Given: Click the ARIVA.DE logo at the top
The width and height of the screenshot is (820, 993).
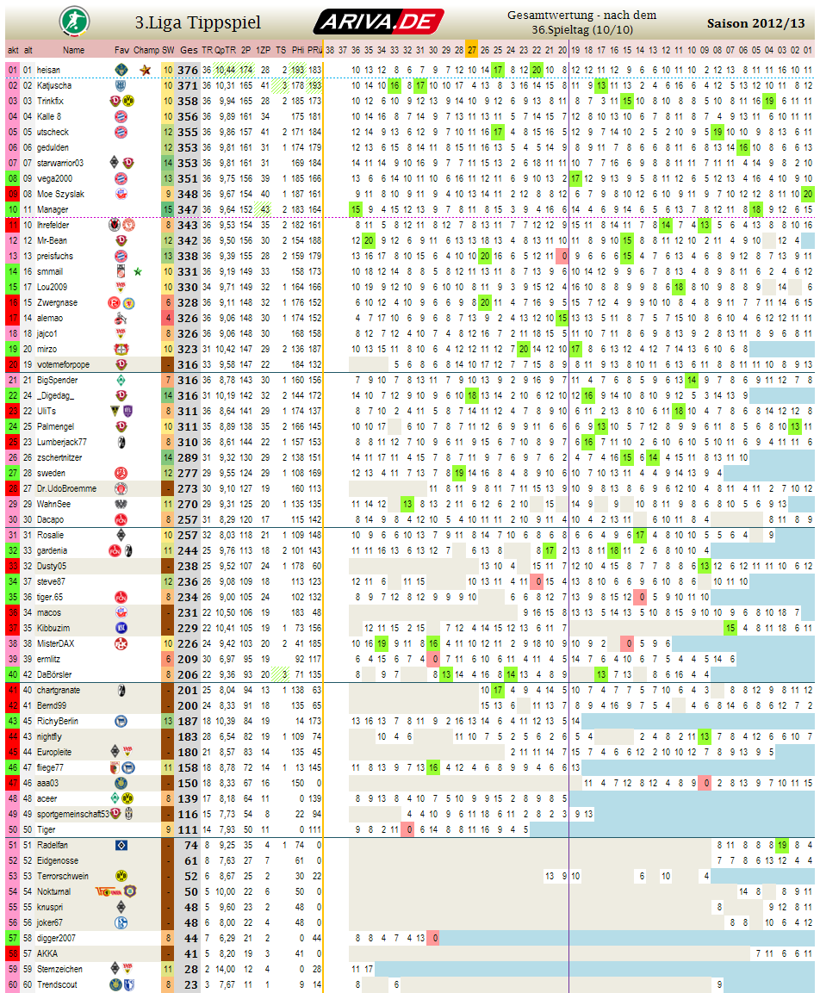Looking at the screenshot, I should pyautogui.click(x=378, y=21).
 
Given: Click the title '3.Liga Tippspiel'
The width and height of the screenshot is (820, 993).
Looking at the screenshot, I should pyautogui.click(x=198, y=22).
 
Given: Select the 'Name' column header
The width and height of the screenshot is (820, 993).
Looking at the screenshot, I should pyautogui.click(x=73, y=50).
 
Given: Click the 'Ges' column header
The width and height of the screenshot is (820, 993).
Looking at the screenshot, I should pyautogui.click(x=189, y=50).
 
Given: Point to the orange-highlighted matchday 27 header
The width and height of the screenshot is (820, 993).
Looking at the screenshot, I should pyautogui.click(x=472, y=50).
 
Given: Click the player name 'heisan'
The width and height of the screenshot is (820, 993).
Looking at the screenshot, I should pyautogui.click(x=48, y=70).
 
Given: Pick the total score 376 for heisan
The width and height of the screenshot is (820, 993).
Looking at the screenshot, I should pyautogui.click(x=188, y=70).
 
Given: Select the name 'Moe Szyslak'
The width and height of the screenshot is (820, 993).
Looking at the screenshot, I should pyautogui.click(x=60, y=194).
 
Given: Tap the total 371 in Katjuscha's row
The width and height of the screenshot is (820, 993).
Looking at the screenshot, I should pyautogui.click(x=188, y=85).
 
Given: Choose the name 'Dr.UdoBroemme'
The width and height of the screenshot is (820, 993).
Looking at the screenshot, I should pyautogui.click(x=65, y=488).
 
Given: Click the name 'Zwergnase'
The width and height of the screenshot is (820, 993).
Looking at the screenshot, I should pyautogui.click(x=57, y=302).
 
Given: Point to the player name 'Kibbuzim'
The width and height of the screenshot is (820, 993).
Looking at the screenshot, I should pyautogui.click(x=54, y=628).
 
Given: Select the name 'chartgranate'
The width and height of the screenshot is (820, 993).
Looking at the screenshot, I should pyautogui.click(x=59, y=690).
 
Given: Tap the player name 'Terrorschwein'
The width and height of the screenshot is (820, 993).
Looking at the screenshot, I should pyautogui.click(x=63, y=876).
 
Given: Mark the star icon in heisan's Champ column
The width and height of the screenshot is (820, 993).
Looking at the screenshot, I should pyautogui.click(x=146, y=70).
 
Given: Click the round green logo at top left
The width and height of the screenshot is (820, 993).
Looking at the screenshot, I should pyautogui.click(x=71, y=20).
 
